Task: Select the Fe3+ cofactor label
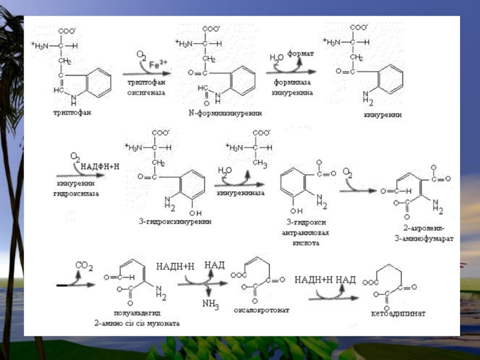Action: [x=158, y=62]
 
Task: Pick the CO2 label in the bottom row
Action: [x=83, y=265]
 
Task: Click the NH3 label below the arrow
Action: [x=211, y=305]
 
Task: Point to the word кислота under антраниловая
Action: [x=305, y=243]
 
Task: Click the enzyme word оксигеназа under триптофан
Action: [x=145, y=93]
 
